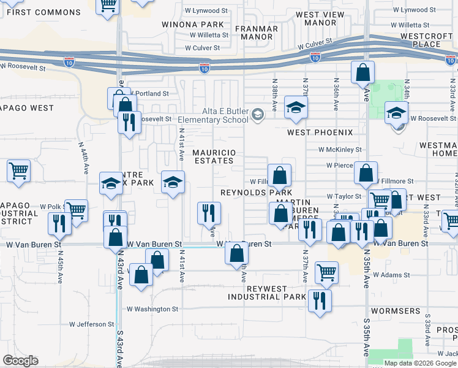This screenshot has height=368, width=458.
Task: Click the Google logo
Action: coord(20,361)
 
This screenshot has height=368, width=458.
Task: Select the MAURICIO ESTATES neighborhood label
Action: coord(213,156)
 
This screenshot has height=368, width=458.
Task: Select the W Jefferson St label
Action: coord(92,324)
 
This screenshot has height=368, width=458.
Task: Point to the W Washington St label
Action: coord(152,309)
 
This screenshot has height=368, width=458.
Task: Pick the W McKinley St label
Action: coord(340,149)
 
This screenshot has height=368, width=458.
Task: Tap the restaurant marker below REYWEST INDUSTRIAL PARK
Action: coord(319,301)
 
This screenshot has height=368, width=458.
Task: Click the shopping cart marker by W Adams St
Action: coord(326,272)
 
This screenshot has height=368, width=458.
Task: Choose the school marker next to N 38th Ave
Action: coord(296,109)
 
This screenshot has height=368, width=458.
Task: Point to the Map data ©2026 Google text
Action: coord(419,363)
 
